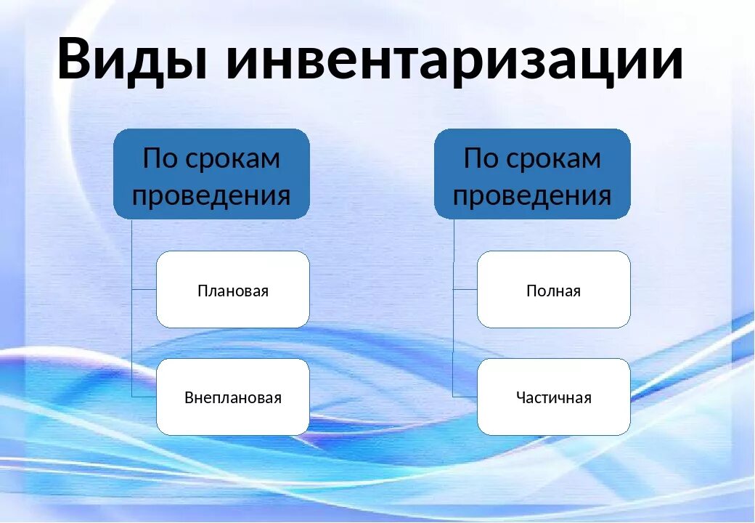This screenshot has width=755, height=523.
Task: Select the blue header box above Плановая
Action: [x=211, y=174]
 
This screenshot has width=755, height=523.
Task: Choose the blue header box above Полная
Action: [x=532, y=174]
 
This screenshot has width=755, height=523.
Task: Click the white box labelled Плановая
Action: [x=233, y=290]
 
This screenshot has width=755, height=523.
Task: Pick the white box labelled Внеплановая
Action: [x=233, y=397]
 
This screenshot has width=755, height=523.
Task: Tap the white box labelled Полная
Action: [x=553, y=290]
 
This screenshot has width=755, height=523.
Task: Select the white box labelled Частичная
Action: [x=553, y=397]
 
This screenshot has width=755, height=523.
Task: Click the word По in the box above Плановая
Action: [x=160, y=158]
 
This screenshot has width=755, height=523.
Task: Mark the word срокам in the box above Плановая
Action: [x=233, y=159]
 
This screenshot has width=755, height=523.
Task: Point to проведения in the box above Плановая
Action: [x=211, y=195]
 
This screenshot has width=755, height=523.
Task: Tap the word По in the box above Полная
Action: [x=481, y=158]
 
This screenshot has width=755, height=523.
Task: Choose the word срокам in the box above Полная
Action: [x=554, y=159]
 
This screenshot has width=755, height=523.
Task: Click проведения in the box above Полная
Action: [x=532, y=195]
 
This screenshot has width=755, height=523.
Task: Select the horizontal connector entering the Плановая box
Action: [x=144, y=289]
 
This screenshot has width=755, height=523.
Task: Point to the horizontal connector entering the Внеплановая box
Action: [x=144, y=396]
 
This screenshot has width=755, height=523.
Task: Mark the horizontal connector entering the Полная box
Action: [x=465, y=289]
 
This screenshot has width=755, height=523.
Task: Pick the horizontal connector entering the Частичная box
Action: [x=465, y=396]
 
